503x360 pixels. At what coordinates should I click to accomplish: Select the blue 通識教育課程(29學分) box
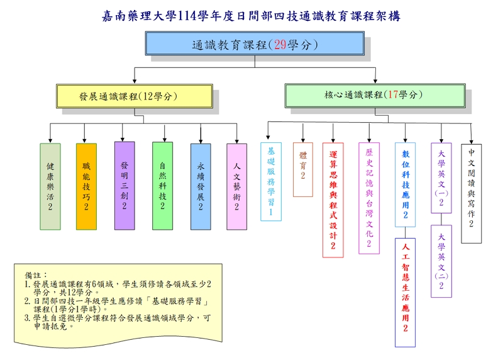255,45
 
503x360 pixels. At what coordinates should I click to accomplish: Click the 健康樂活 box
50,186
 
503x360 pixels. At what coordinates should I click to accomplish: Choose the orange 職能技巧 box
86,186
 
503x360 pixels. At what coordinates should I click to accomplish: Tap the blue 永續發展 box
201,186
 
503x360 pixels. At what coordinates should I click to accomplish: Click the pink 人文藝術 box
236,186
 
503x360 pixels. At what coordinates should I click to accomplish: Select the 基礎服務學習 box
270,181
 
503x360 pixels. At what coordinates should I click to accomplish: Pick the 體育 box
302,169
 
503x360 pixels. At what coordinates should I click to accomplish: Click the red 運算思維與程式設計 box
333,199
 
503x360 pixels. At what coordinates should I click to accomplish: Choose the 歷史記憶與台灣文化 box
369,198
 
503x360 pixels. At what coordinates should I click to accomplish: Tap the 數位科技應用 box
405,184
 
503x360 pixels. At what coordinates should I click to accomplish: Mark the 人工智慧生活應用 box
405,292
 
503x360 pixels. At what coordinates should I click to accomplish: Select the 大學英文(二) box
441,261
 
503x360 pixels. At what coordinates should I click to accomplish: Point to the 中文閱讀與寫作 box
471,193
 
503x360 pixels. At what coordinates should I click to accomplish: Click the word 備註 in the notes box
36,276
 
